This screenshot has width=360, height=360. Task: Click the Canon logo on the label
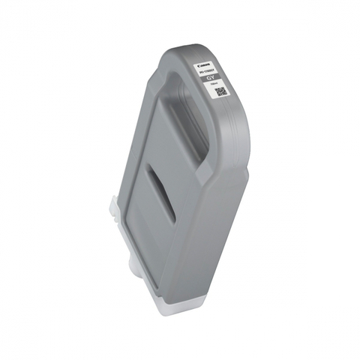[x=204, y=65]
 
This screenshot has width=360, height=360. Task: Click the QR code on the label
[x=220, y=93]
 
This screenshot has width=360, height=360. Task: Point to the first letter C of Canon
[x=199, y=64]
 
